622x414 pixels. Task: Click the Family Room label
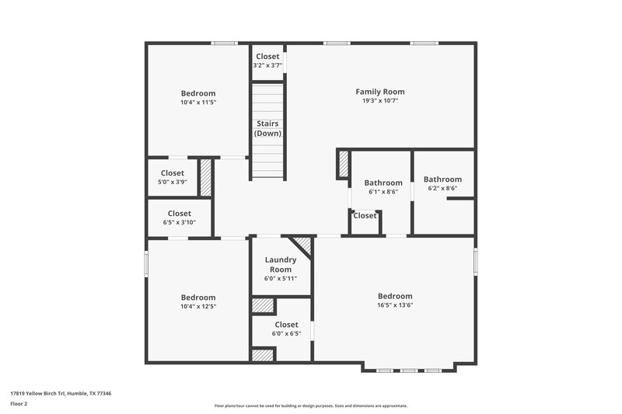point(380,92)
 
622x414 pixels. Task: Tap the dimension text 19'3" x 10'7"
point(380,101)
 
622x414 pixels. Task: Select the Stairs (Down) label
point(267,128)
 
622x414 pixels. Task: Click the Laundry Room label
point(281,265)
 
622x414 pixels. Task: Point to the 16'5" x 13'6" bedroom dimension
point(395,305)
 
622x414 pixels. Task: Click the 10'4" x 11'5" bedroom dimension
point(198,103)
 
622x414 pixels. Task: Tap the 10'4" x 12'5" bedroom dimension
point(198,306)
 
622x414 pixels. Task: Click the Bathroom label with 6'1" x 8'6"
point(383,183)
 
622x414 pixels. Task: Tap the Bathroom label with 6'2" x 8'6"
point(442,179)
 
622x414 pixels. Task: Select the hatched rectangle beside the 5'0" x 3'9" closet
point(206,177)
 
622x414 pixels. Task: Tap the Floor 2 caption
point(19,404)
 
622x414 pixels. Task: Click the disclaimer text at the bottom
point(311,405)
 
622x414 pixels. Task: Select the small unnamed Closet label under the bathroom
point(365,216)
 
